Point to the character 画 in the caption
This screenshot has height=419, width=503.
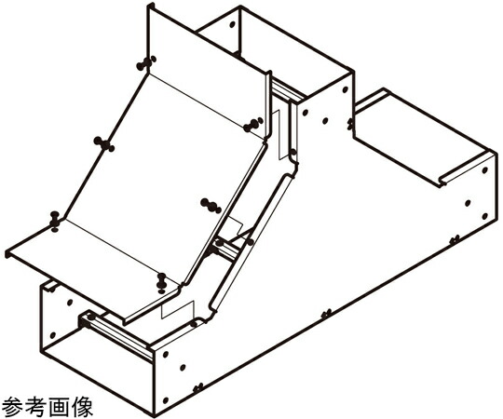click(59, 407)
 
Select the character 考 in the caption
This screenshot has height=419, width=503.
click(35, 407)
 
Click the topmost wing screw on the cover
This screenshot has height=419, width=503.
click(146, 63)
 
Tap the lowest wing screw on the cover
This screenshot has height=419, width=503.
click(161, 283)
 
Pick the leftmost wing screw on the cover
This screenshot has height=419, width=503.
click(55, 221)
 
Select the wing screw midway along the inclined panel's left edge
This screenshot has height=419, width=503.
click(104, 144)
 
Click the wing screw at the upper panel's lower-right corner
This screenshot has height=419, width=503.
click(253, 125)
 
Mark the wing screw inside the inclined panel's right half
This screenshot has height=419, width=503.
click(211, 206)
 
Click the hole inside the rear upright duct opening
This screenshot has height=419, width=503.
click(233, 24)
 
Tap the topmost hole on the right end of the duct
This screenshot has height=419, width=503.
click(485, 170)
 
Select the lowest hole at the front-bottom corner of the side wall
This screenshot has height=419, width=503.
click(166, 400)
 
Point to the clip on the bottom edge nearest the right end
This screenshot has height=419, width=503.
click(455, 239)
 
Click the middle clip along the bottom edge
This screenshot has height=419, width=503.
click(326, 313)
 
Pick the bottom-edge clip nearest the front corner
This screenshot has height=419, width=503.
click(197, 387)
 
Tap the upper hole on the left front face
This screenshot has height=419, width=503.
click(69, 303)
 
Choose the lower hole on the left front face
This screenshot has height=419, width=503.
click(52, 335)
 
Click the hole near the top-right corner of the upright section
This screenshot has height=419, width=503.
click(346, 89)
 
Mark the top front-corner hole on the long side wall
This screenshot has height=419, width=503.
click(166, 355)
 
